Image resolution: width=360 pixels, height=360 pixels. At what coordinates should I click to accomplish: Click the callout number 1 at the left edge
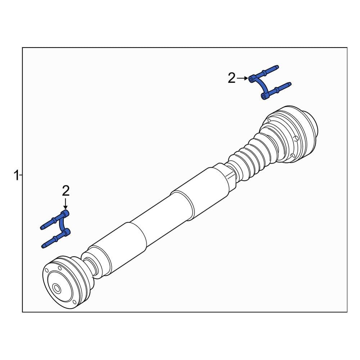(16, 176)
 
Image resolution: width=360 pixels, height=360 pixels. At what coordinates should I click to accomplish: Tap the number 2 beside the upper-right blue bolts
(231, 78)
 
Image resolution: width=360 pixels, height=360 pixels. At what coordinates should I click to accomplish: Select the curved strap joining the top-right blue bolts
(261, 86)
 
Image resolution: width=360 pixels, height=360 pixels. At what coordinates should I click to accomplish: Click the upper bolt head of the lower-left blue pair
(66, 214)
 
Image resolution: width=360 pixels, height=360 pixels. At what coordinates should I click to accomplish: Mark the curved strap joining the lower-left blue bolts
(62, 224)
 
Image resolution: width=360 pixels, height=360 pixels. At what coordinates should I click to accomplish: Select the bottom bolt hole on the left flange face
(74, 302)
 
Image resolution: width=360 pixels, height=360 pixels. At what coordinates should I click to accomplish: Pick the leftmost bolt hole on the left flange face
(46, 269)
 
